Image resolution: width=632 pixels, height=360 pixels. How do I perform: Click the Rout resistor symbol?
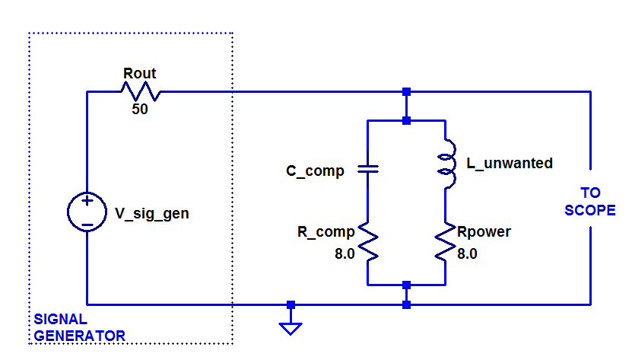click(x=140, y=91)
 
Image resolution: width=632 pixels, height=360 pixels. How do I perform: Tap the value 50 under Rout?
click(x=139, y=109)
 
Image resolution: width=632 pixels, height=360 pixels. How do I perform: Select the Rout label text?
click(x=139, y=74)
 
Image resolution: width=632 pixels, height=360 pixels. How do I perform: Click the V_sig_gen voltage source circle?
click(x=87, y=212)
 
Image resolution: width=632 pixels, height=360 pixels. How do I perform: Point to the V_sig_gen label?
click(x=151, y=214)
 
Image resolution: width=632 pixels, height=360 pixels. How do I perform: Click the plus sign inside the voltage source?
click(x=87, y=202)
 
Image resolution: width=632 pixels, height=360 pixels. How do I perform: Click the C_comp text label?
click(x=315, y=171)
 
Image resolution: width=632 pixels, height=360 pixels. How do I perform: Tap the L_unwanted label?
click(x=508, y=164)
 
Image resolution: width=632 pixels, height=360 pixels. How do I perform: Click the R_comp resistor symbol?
click(x=367, y=241)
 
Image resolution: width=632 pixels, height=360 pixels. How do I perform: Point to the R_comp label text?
click(x=326, y=231)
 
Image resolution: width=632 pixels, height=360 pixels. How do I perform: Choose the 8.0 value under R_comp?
click(x=345, y=254)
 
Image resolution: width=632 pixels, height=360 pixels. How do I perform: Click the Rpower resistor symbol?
click(x=445, y=241)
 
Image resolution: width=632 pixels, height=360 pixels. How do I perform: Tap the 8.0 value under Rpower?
click(x=467, y=254)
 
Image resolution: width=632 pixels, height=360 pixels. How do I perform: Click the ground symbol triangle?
click(x=291, y=328)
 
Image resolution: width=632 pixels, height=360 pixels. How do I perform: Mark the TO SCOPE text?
click(x=589, y=202)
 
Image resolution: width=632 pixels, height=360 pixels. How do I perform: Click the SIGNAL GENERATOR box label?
click(x=79, y=327)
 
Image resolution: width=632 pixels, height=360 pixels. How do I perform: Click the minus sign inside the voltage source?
click(x=87, y=225)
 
